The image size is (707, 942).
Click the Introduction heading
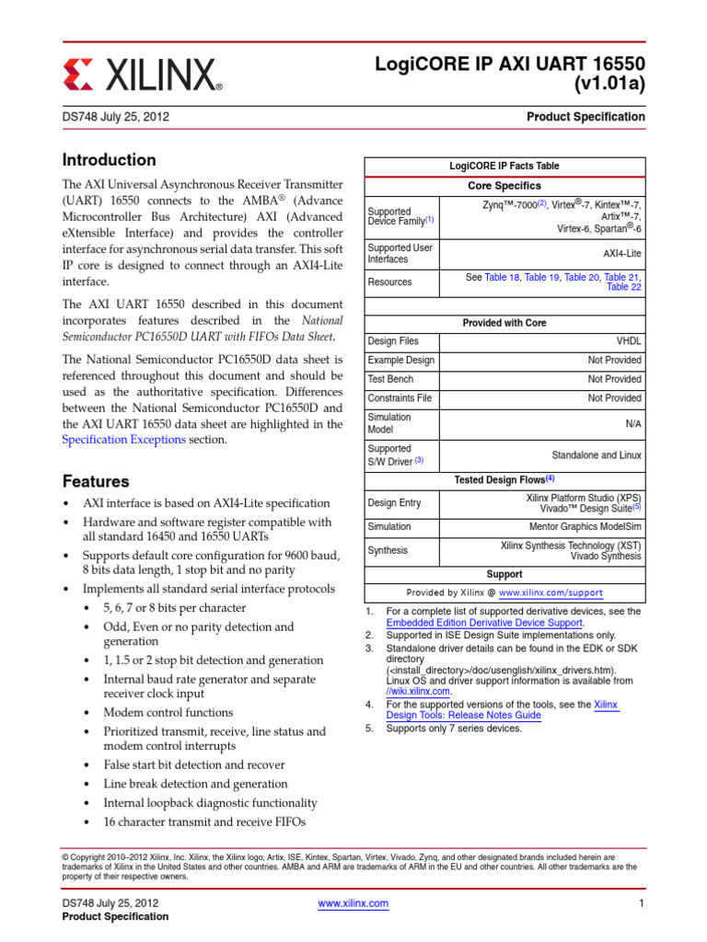(109, 159)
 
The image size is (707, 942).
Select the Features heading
(96, 481)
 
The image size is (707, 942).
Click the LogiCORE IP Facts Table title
(504, 166)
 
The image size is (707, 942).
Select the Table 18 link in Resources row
(502, 277)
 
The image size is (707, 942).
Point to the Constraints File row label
(400, 398)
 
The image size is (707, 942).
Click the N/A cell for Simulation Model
(632, 423)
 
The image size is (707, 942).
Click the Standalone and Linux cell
(596, 454)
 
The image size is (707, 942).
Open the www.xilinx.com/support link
(551, 593)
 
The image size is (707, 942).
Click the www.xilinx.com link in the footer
(353, 904)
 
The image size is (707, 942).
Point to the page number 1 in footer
(639, 904)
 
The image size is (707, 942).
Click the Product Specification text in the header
(585, 117)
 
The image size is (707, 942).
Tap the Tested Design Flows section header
(504, 479)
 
